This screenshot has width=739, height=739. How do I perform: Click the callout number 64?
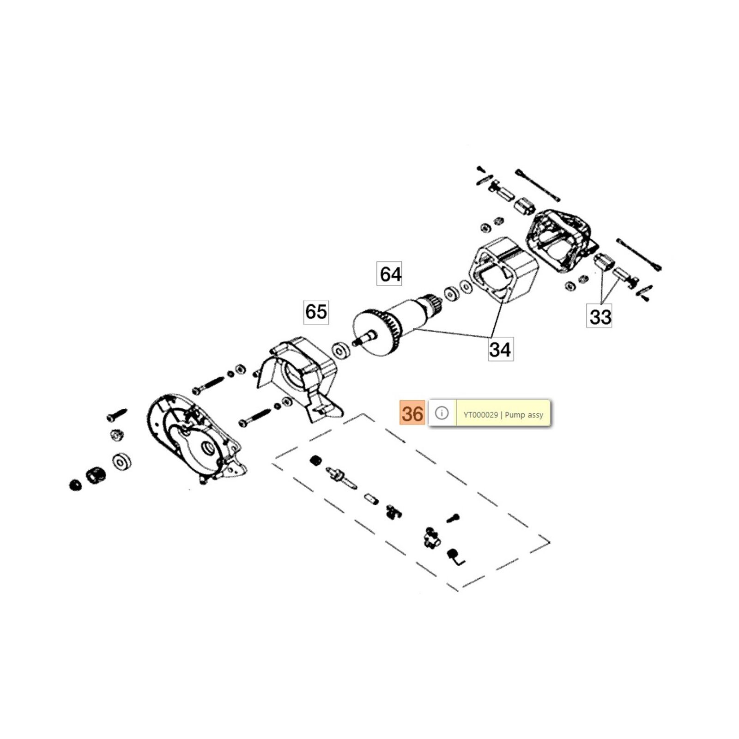(390, 274)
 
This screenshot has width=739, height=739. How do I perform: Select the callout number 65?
(316, 312)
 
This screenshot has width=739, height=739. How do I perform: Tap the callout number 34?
(500, 349)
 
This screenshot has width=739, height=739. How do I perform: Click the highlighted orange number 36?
(412, 413)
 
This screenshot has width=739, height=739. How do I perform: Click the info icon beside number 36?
(442, 413)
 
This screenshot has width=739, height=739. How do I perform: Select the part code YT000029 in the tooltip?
(480, 415)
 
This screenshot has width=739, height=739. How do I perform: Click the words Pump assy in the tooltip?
(524, 415)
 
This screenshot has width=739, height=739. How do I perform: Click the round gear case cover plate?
(194, 439)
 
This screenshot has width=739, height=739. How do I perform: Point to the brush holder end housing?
(559, 242)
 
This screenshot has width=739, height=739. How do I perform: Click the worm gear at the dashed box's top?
(315, 460)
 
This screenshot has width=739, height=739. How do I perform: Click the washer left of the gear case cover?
(121, 461)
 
